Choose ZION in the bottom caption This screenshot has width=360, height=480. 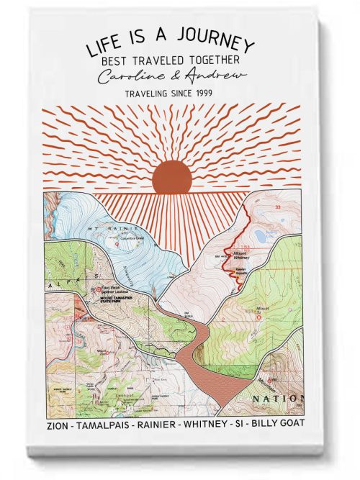pos(58,425)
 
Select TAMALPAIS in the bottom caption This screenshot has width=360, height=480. pos(105,425)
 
